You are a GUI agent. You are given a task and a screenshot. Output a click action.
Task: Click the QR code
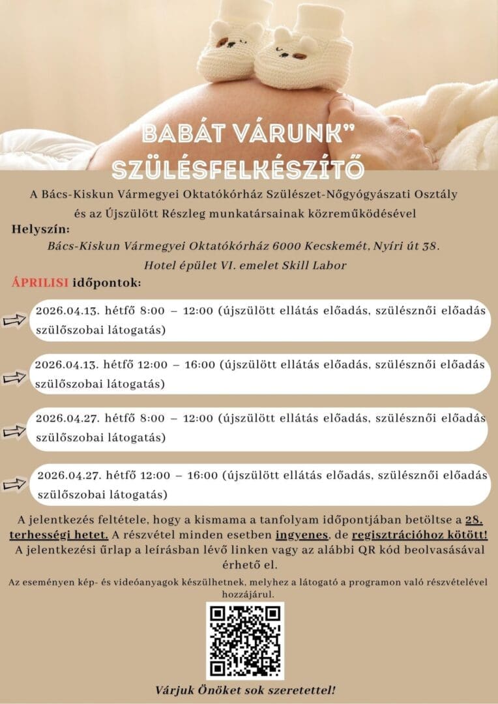click(x=245, y=641)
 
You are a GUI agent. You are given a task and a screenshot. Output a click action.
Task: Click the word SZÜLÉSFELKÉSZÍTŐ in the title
click(x=237, y=168)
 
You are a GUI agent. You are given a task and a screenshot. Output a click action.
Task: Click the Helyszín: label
click(x=40, y=229)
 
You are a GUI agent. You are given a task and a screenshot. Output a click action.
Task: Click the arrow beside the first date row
click(x=14, y=321)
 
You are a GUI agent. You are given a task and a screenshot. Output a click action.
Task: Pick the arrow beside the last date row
click(x=14, y=484)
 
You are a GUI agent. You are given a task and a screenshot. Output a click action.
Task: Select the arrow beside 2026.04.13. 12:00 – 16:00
click(x=14, y=377)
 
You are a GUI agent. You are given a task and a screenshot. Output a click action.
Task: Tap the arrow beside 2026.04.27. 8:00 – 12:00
click(x=14, y=431)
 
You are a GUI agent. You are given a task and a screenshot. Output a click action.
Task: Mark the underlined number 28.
click(x=473, y=520)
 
